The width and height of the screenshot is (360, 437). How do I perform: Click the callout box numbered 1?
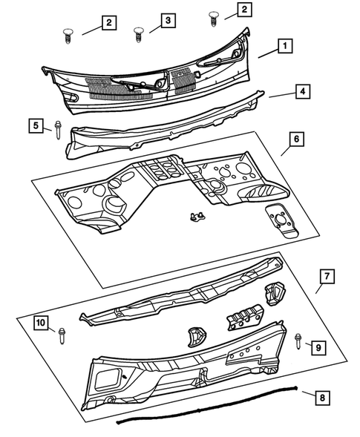pos(284,46)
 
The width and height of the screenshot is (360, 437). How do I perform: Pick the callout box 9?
pos(317,346)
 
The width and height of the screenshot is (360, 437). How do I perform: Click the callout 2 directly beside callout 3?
pos(108,24)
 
